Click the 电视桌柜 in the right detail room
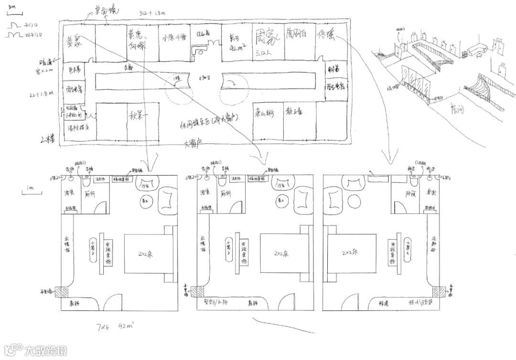(x=395, y=254)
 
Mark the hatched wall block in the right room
(x=436, y=291)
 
